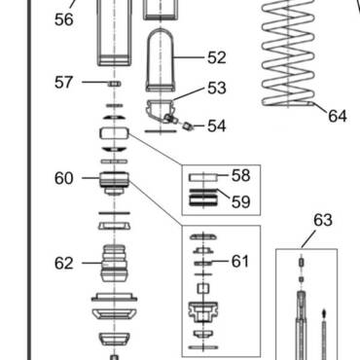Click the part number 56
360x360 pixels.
64,19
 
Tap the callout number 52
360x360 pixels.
217,57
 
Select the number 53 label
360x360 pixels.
217,88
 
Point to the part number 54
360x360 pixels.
217,126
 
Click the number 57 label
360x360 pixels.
63,82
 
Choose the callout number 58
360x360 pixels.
241,175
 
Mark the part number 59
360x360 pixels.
241,201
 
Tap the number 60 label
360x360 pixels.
64,178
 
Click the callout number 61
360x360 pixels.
240,261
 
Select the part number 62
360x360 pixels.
64,263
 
